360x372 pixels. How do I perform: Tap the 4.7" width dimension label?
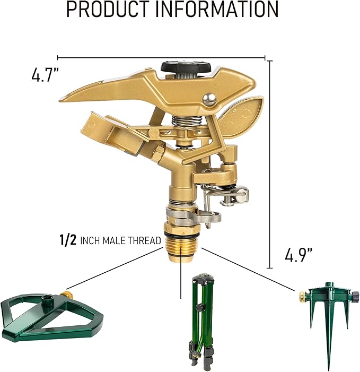tap(43, 75)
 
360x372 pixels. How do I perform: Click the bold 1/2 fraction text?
tap(67, 240)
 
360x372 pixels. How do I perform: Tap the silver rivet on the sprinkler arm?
tap(210, 98)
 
